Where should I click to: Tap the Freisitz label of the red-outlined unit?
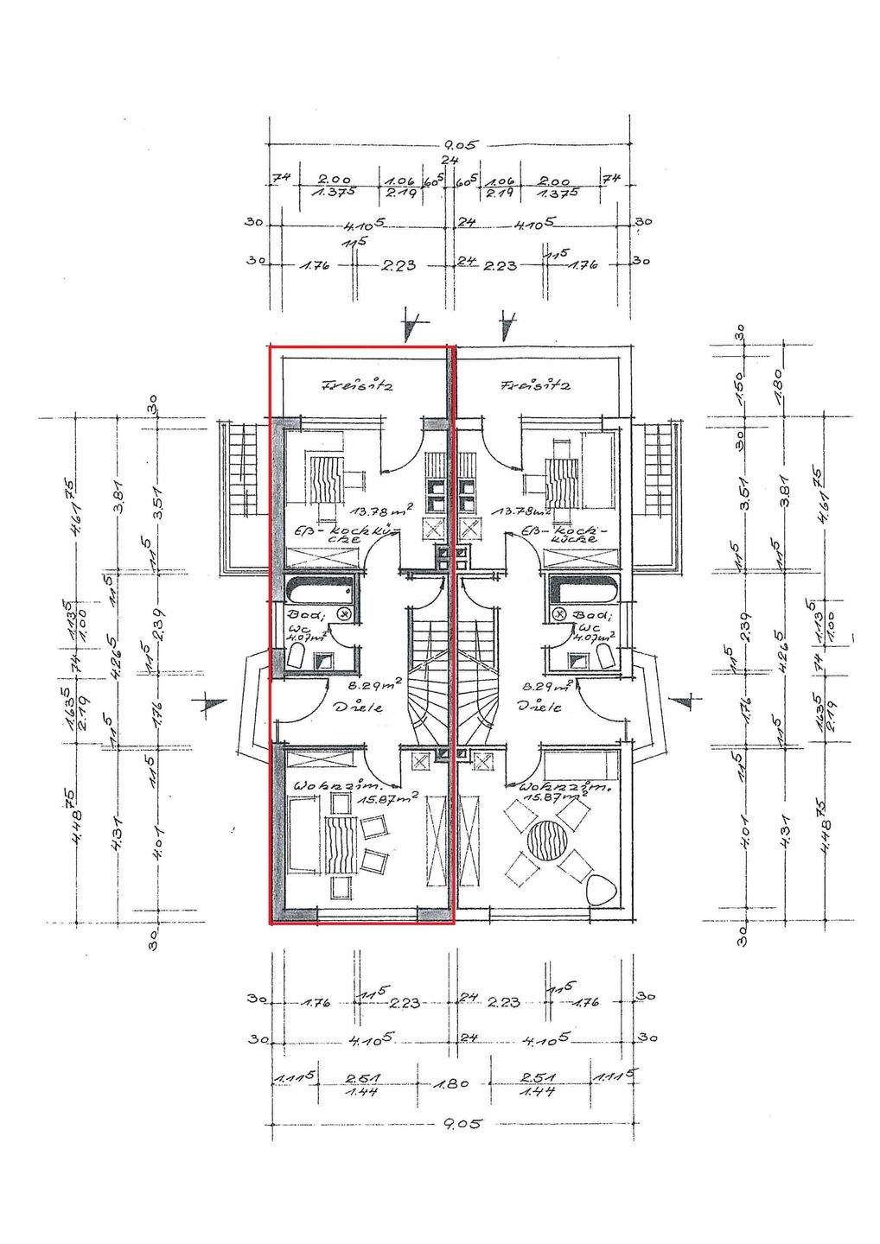point(358,385)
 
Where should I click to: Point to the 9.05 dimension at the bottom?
point(459,1124)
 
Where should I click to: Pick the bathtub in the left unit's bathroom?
point(319,592)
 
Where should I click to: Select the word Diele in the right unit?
point(539,706)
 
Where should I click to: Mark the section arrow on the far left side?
point(209,706)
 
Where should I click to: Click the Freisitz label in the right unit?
point(537,385)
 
